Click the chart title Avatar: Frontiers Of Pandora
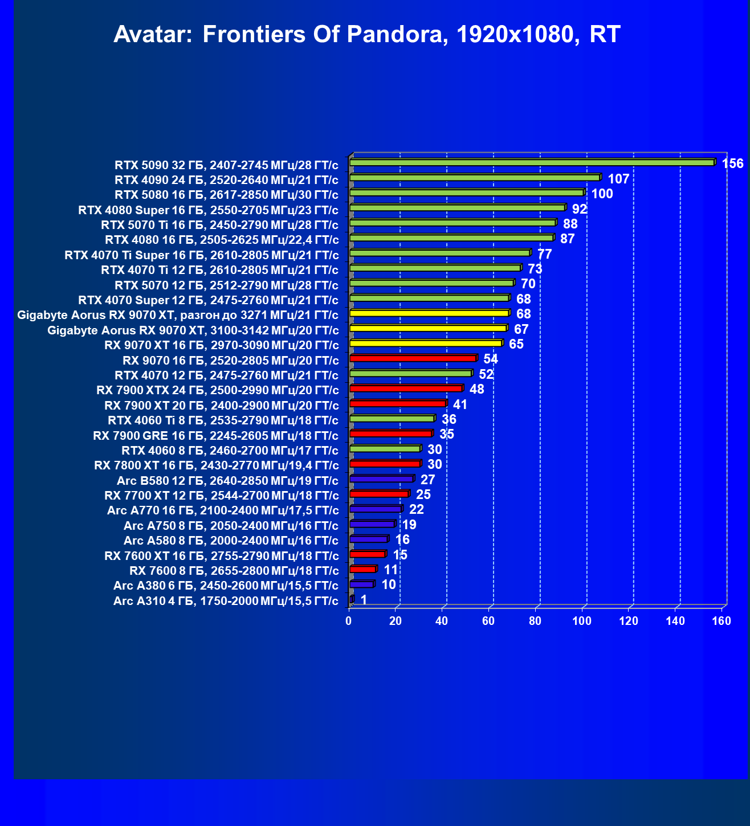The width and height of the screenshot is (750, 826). coord(366,35)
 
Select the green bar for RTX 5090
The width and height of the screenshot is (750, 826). coord(531,163)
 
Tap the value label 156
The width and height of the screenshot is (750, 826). coord(732,164)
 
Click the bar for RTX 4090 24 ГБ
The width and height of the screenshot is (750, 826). coord(474,178)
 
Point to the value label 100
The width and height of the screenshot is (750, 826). coord(602,194)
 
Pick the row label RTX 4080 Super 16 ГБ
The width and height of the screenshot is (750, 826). coord(208,210)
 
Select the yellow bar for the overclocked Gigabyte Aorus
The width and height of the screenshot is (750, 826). coord(429,313)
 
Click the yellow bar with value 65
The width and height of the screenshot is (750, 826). coord(425,344)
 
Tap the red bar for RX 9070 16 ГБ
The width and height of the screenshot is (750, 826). coord(412,358)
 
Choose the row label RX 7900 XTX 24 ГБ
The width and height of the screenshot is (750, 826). coord(217,390)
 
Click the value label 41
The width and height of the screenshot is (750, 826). coord(460,405)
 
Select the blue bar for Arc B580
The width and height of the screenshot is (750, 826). coord(381,479)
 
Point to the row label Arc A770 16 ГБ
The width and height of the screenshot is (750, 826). coord(223,510)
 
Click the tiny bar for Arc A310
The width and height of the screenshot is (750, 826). coord(351,599)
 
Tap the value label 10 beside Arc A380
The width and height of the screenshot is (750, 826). coord(389,585)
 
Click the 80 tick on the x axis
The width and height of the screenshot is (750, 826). coord(535,621)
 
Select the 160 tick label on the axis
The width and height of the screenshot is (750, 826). coord(722,621)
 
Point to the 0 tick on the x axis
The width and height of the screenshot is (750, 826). coord(349,621)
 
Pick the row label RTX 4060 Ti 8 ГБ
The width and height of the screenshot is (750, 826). coord(223,421)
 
